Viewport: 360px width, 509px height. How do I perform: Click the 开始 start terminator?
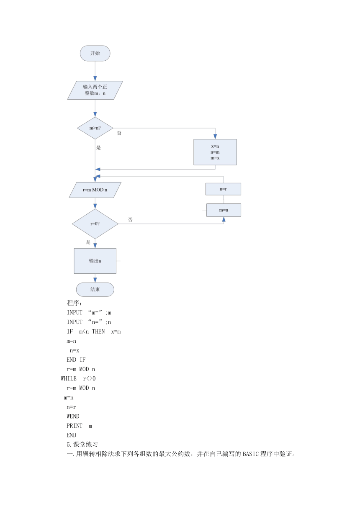click(95, 53)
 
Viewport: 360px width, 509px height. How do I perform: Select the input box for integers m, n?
click(95, 90)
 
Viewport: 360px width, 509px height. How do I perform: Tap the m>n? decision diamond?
click(95, 128)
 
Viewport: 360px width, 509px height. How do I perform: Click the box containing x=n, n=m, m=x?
click(215, 152)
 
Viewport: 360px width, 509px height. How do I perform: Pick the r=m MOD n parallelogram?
click(95, 190)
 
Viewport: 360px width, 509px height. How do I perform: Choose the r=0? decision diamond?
click(95, 224)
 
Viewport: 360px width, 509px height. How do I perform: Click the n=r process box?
click(223, 189)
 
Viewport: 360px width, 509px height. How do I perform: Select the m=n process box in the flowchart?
click(224, 210)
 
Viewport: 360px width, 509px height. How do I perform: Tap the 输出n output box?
click(95, 261)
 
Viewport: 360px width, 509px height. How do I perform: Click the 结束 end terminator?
click(95, 290)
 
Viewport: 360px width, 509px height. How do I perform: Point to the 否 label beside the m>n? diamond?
click(119, 133)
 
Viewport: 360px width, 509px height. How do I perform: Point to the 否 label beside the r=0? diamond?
click(130, 219)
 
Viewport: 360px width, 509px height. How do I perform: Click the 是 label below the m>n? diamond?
click(98, 148)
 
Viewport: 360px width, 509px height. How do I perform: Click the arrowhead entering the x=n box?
click(215, 136)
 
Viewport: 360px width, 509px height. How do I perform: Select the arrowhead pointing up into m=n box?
click(224, 219)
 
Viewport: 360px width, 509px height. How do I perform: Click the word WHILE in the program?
click(69, 378)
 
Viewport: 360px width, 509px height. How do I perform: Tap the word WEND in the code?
click(73, 416)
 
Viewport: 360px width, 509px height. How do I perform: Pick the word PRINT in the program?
click(75, 426)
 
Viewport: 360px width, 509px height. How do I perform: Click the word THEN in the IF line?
click(98, 332)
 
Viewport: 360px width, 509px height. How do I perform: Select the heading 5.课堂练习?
click(82, 445)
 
